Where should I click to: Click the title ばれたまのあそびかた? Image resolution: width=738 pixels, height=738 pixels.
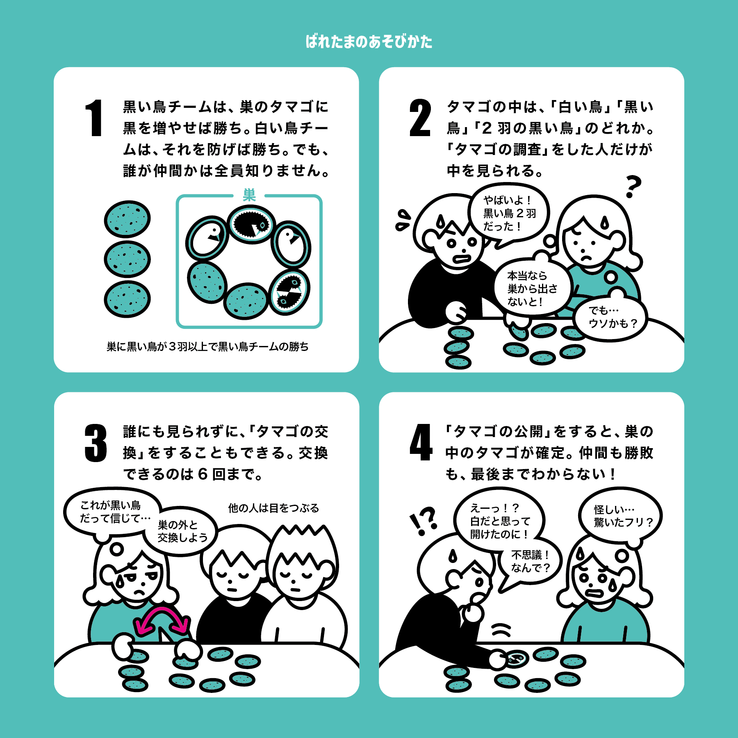click(x=369, y=42)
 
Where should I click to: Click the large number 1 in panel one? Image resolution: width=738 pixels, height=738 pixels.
click(x=94, y=118)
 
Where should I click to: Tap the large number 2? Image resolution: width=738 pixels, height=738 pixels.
click(x=420, y=118)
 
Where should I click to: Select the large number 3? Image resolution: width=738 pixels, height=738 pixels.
click(x=96, y=443)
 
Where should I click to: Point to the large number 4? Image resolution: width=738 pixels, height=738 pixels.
click(x=421, y=442)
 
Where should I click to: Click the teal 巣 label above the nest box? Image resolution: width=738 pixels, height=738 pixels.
click(x=249, y=195)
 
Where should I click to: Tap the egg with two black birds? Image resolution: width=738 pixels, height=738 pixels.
click(x=290, y=292)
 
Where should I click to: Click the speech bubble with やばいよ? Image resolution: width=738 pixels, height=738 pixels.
click(x=508, y=215)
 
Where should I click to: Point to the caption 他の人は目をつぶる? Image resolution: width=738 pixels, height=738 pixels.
click(x=273, y=508)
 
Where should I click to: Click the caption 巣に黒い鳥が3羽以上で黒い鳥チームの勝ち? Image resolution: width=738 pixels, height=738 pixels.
click(x=207, y=347)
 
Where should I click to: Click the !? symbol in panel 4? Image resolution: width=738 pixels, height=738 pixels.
click(x=424, y=521)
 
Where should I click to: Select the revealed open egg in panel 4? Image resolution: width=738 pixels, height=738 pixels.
click(x=517, y=659)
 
